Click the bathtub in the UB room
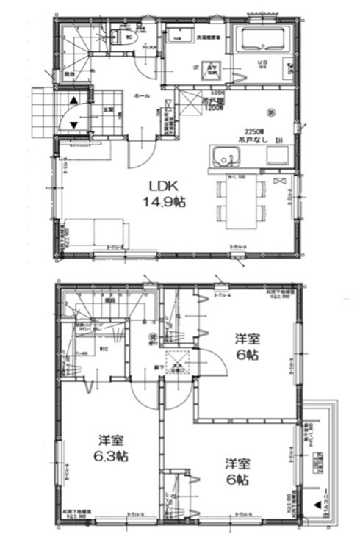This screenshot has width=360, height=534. point(262,40)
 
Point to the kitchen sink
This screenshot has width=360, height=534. point(226,156)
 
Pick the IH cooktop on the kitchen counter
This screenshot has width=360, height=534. point(278,156)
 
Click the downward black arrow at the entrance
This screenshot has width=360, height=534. point(74,124)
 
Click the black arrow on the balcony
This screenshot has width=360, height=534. point(317,505)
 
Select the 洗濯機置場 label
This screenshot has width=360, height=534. point(207,36)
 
